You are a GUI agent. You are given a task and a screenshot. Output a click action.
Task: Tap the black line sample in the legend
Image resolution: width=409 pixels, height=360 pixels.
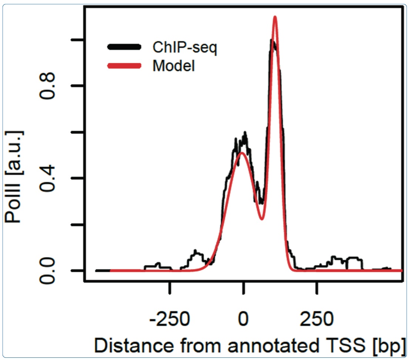tap(124, 47)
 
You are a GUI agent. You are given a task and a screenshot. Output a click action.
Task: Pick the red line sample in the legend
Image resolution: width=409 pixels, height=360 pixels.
tap(124, 66)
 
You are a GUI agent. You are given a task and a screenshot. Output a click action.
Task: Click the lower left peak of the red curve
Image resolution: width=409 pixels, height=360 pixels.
tap(241, 152)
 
